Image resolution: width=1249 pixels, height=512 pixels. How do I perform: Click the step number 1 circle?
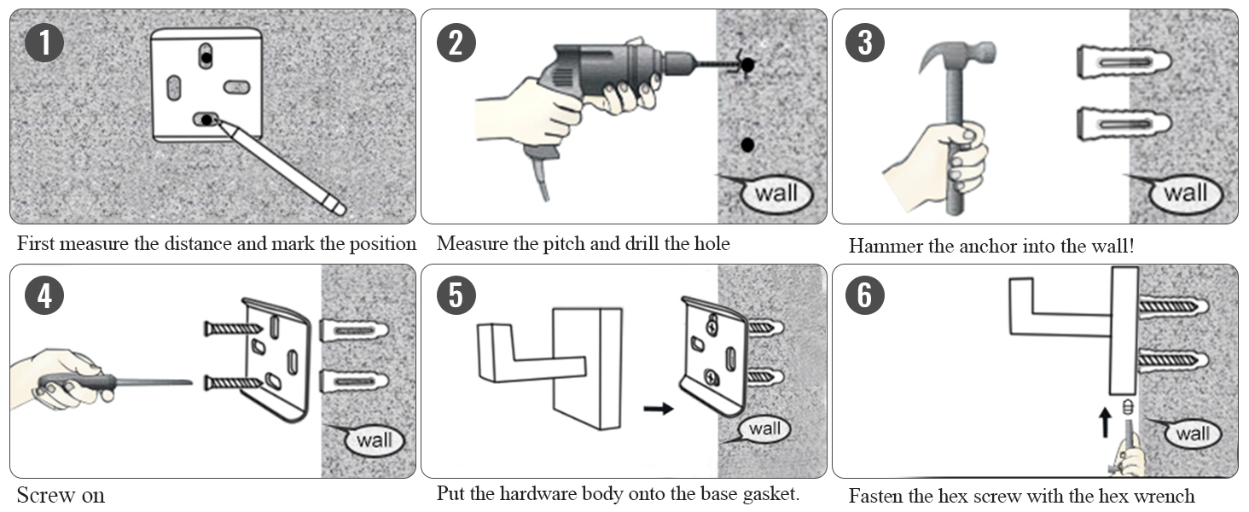(44, 43)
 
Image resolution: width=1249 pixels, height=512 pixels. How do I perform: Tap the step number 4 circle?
(44, 296)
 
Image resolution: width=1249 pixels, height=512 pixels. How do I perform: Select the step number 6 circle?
(865, 296)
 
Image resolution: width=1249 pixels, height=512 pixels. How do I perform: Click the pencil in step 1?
(282, 167)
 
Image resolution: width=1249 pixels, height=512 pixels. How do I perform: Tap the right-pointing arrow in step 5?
(658, 409)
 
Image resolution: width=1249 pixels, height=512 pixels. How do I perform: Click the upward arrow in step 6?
(1105, 420)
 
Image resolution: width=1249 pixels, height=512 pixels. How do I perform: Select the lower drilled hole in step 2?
(748, 144)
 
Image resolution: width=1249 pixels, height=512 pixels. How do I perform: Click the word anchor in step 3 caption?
(981, 246)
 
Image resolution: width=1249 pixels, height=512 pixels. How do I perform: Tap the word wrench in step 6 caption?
(1165, 495)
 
